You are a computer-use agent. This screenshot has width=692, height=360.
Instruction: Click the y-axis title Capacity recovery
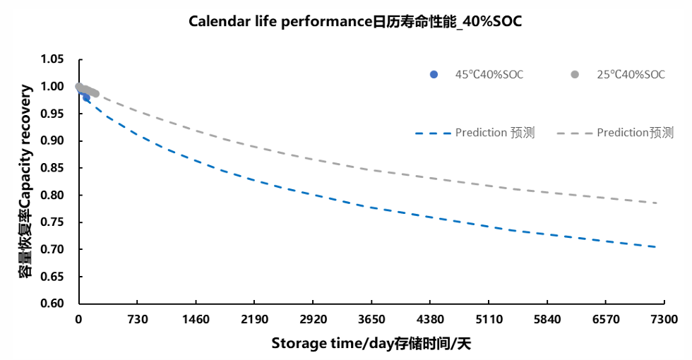[26, 181]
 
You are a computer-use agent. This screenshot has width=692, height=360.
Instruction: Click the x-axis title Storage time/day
[371, 344]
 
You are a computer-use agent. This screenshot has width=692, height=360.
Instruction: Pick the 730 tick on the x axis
[137, 320]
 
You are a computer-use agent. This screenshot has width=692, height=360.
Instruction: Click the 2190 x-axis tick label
[254, 320]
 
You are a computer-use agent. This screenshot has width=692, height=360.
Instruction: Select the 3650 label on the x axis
[371, 320]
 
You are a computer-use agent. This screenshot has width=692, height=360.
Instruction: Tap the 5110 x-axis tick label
[489, 320]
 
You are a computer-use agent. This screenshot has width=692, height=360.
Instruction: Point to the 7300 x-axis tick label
[664, 320]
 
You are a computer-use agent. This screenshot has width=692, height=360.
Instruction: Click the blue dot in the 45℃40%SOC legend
[434, 75]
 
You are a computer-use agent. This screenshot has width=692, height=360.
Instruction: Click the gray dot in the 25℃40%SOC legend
[575, 75]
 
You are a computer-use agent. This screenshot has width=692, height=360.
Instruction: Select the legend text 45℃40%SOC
[489, 75]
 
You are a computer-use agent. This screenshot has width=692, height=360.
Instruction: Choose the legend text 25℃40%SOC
[631, 75]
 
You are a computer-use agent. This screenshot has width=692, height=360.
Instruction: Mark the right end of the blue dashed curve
[656, 247]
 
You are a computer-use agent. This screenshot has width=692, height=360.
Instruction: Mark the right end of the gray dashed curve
[656, 203]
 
